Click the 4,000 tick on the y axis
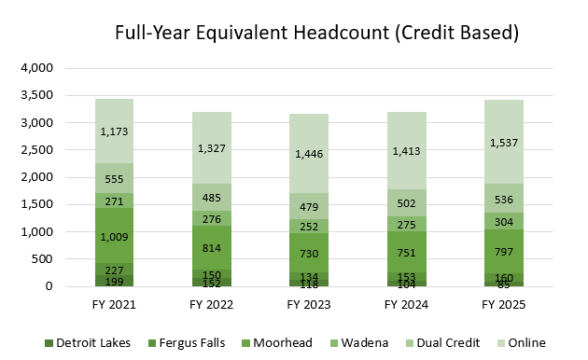click(37, 69)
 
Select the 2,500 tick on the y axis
click(37, 150)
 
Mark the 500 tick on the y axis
click(45, 259)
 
